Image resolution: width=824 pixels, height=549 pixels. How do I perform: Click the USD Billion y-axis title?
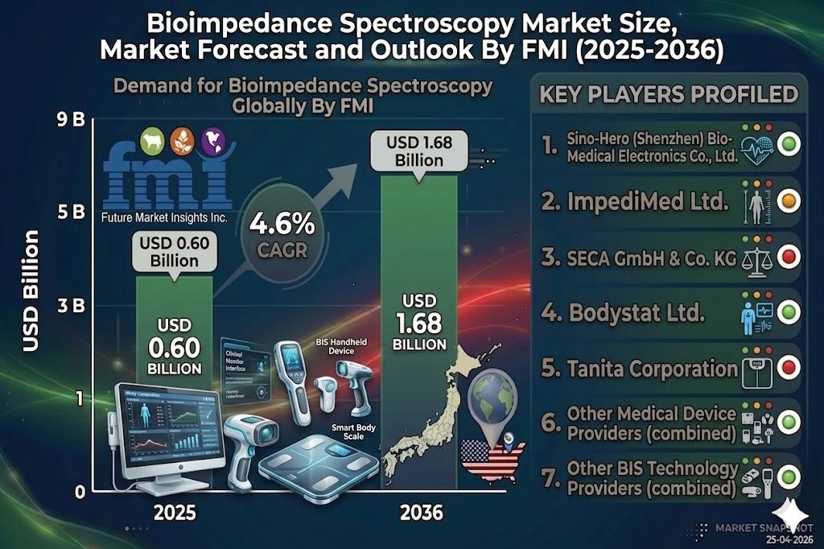point(31,290)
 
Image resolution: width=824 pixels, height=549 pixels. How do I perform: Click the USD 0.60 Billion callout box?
point(175,253)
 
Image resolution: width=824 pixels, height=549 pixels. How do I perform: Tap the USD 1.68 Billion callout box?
point(419,151)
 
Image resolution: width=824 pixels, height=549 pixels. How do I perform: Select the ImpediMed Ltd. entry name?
point(635,201)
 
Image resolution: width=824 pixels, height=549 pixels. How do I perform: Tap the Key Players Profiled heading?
point(669,94)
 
